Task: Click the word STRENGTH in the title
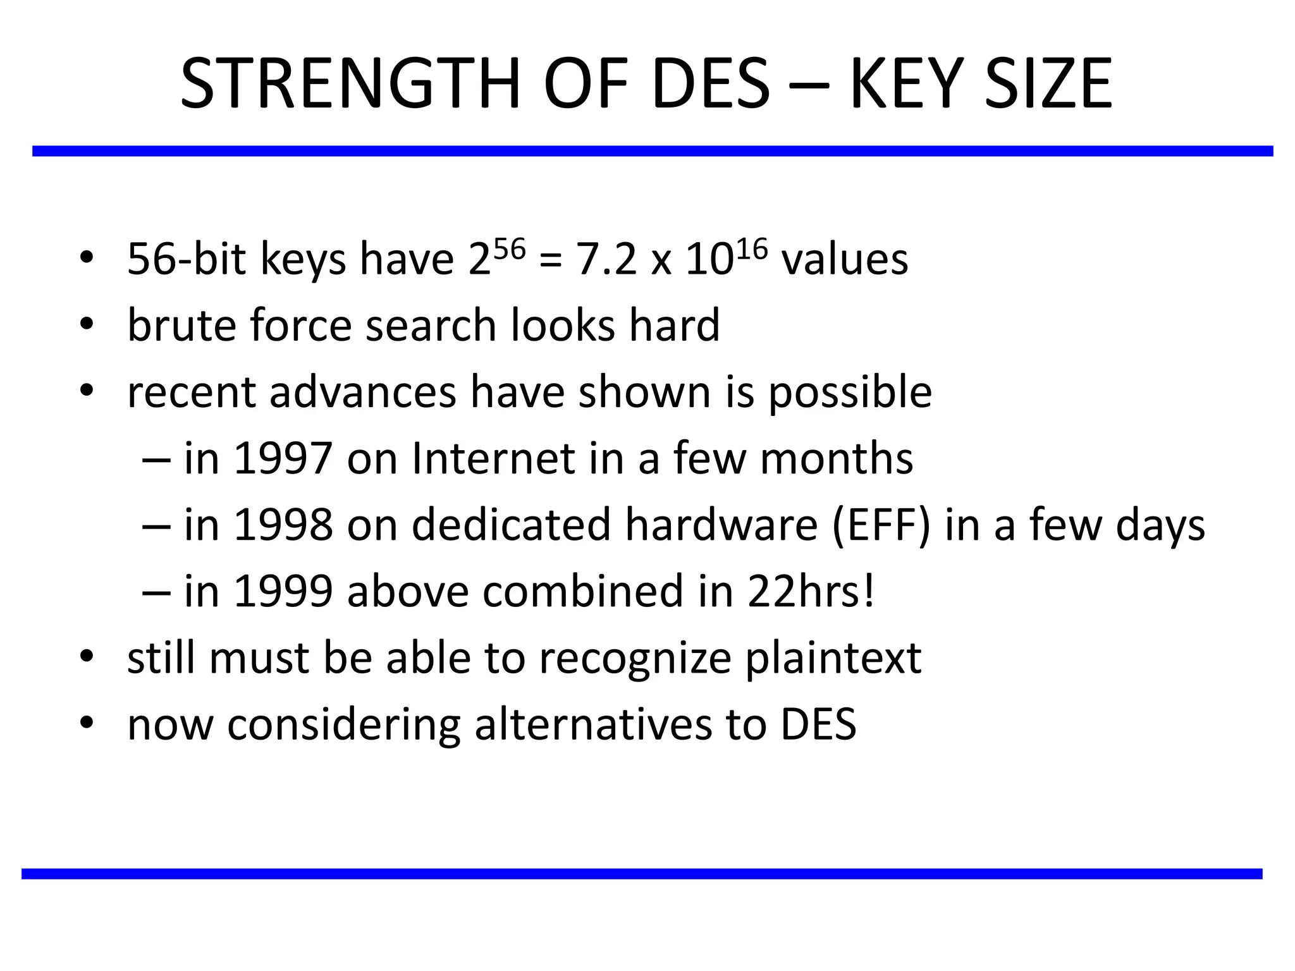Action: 350,84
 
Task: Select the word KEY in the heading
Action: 905,84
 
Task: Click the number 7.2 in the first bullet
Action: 606,260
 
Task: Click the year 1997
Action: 283,458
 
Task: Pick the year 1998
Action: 283,525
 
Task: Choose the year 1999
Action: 283,592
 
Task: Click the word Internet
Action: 493,458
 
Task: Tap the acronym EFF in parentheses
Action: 881,525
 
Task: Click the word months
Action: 836,458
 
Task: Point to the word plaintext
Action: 833,659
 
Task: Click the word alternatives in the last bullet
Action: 593,725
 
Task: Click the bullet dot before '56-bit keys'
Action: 87,257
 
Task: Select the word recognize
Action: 635,659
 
